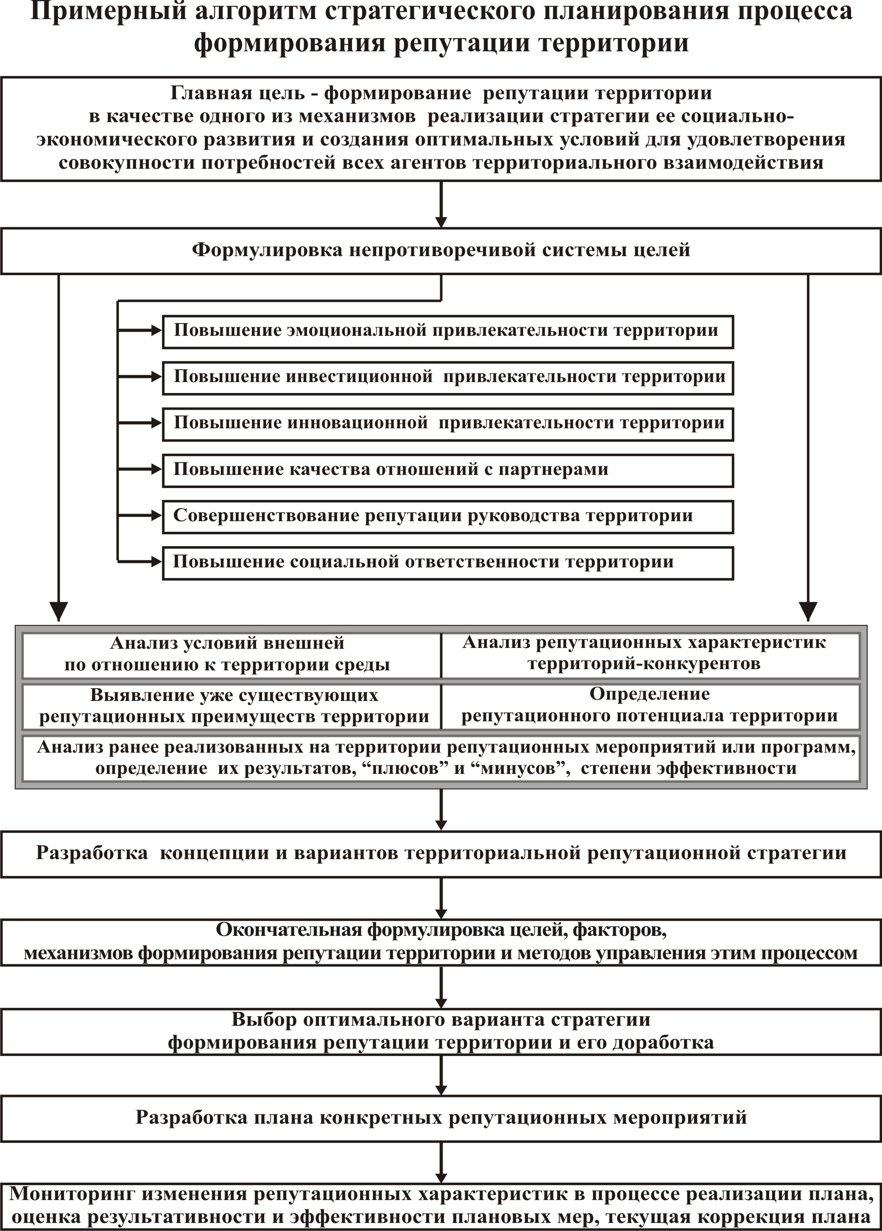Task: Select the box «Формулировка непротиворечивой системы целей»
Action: (x=441, y=251)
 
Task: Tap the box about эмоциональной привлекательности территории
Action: (x=448, y=332)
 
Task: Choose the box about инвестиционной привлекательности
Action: (x=448, y=378)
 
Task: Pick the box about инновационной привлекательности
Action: (x=448, y=424)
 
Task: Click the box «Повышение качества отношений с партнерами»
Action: (x=448, y=471)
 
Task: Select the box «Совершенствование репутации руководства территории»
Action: (x=448, y=517)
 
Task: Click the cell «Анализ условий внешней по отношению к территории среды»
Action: (x=232, y=655)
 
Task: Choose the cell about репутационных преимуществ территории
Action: (x=232, y=706)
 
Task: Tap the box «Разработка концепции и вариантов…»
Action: (x=441, y=854)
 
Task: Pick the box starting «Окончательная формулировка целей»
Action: (x=441, y=942)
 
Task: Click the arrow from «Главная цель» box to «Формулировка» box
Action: (x=441, y=205)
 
